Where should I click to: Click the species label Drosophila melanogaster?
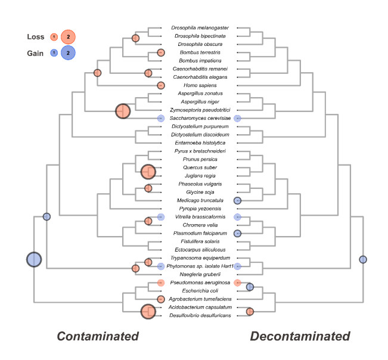tap(200, 27)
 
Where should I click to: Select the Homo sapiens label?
tap(200, 85)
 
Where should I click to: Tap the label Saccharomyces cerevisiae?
tap(200, 119)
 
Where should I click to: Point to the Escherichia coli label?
tap(200, 290)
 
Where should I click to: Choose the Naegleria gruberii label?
tap(200, 274)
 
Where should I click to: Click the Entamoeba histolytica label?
tap(200, 143)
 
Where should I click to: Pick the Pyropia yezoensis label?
tap(200, 209)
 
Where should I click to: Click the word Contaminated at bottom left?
tap(98, 337)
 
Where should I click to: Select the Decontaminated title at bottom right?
tap(300, 337)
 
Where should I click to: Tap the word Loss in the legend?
tap(36, 37)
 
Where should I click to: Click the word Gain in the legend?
tap(36, 53)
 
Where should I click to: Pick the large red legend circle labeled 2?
tap(68, 37)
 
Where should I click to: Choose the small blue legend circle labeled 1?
tap(54, 53)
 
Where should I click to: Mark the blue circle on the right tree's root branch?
tap(362, 259)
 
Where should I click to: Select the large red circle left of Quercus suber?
tap(148, 172)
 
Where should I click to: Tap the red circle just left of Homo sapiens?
tap(160, 85)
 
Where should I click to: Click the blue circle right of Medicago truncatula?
tap(237, 201)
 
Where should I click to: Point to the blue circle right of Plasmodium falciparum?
tap(237, 234)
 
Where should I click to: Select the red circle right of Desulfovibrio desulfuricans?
tap(250, 311)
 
